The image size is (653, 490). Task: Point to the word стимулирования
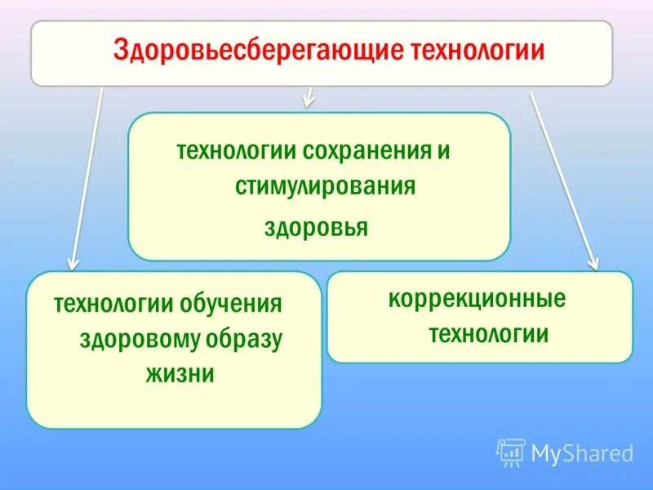326,187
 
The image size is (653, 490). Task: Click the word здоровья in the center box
316,226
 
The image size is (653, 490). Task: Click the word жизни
180,375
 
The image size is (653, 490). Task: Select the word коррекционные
477,299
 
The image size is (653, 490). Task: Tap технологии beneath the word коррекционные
488,334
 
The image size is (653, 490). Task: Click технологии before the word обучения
114,305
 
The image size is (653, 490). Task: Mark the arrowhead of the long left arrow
73,263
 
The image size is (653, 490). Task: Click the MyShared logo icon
511,452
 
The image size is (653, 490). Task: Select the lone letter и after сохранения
445,151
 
